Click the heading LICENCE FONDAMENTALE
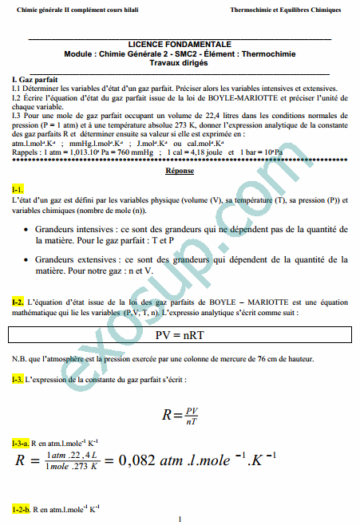coord(180,45)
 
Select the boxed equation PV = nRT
coord(180,336)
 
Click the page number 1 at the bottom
coord(180,519)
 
